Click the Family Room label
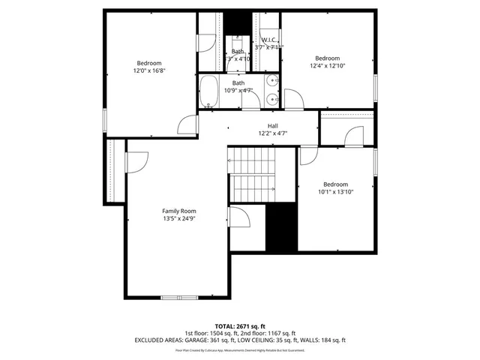point(178,211)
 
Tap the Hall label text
point(273,125)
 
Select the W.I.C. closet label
point(269,40)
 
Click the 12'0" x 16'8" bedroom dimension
point(148,70)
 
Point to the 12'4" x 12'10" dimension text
point(327,66)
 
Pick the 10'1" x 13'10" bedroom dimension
point(335,192)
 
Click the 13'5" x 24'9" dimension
point(178,219)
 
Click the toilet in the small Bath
point(238,38)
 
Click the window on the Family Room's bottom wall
point(180,298)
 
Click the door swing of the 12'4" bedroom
point(294,96)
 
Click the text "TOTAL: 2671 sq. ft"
point(239,326)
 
